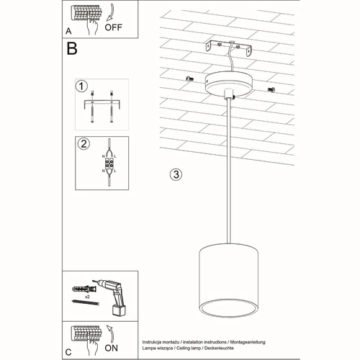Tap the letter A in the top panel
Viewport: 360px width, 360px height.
pyautogui.click(x=68, y=32)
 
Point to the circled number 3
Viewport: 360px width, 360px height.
pyautogui.click(x=176, y=175)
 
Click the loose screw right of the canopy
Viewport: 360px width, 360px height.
pyautogui.click(x=271, y=89)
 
